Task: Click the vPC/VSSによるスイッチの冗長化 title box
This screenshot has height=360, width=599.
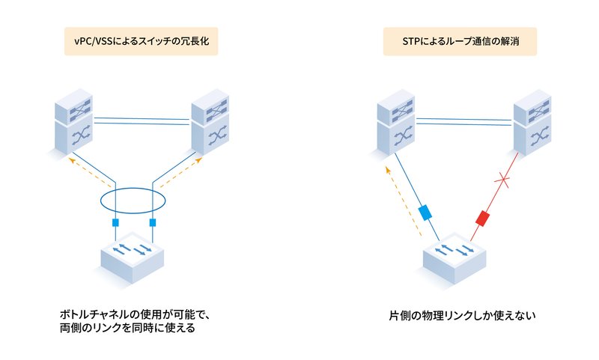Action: click(140, 41)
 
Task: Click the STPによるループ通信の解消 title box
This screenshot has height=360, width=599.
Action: click(460, 41)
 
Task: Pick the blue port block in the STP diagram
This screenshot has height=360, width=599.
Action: click(426, 213)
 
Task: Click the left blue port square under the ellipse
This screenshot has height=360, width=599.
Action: click(115, 223)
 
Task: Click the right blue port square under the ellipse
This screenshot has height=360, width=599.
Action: click(153, 223)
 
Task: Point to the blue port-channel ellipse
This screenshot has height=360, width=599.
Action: click(134, 200)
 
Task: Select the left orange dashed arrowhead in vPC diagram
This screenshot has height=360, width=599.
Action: click(71, 159)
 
